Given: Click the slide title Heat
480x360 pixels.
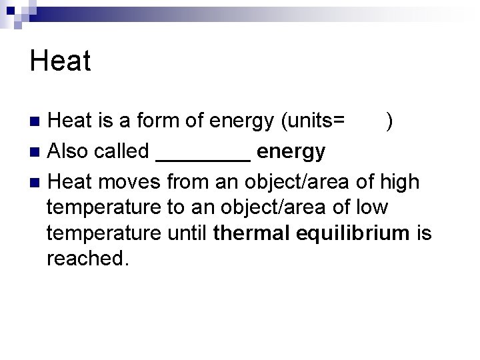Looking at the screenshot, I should point(60,61).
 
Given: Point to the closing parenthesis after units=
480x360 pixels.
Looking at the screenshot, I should point(389,121).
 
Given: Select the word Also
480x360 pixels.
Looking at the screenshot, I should point(69,151).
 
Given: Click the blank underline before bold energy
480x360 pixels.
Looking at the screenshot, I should point(203,159).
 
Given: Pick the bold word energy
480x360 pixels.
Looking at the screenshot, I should point(291,152).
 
